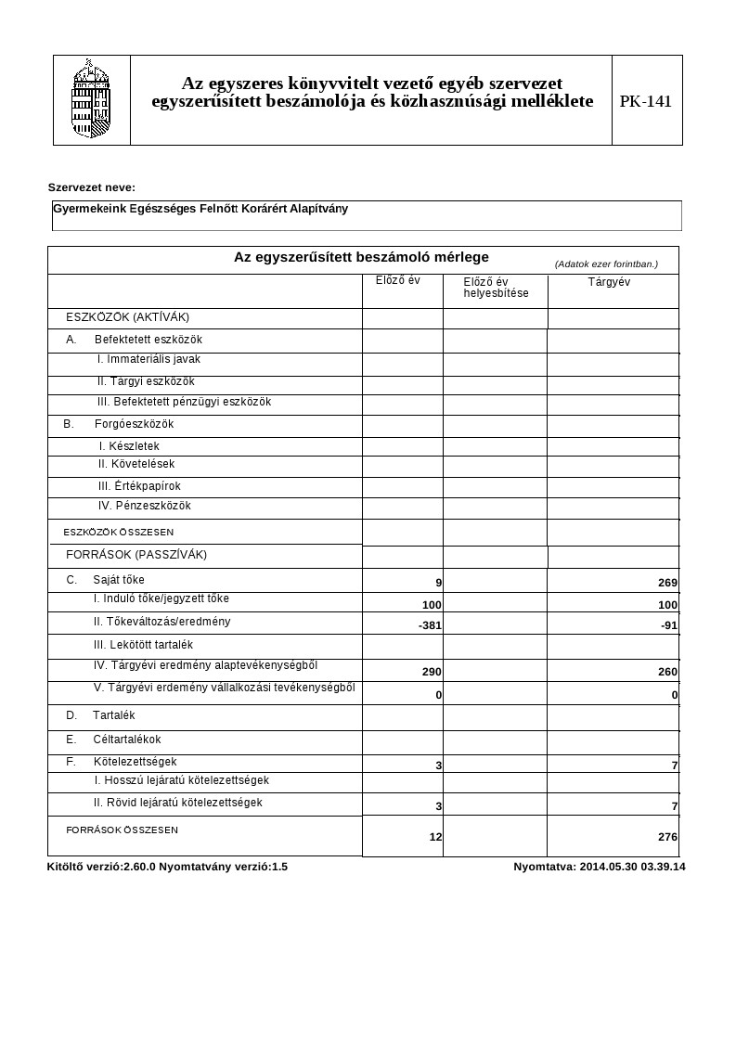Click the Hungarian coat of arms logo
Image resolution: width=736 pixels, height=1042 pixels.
(x=91, y=99)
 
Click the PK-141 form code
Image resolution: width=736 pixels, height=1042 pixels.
(x=646, y=101)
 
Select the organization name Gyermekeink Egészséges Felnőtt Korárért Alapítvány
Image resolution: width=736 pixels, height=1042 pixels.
(x=200, y=209)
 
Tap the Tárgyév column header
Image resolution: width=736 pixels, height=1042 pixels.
(x=609, y=282)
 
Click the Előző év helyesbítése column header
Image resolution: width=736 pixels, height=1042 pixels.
(x=496, y=288)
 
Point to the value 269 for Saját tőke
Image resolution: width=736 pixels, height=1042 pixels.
(x=667, y=584)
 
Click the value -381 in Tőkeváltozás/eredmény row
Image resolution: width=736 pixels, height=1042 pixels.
(x=430, y=626)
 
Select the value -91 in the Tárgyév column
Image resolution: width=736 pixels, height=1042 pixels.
(x=668, y=626)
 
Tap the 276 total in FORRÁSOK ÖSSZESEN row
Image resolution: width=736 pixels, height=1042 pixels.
(x=667, y=837)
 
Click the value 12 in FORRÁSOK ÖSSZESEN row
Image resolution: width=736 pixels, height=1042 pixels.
(x=435, y=837)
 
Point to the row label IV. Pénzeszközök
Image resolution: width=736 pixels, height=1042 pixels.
(x=144, y=506)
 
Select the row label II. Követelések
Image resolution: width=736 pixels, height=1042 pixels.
(x=136, y=464)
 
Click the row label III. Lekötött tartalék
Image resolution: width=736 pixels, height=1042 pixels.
(x=143, y=644)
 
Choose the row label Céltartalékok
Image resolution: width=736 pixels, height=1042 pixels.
(x=127, y=740)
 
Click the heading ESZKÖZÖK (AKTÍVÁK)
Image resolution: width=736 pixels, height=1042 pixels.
(x=127, y=317)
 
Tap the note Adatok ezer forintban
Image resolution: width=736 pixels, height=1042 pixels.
(x=606, y=264)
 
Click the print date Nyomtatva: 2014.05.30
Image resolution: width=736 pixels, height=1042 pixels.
(x=599, y=867)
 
